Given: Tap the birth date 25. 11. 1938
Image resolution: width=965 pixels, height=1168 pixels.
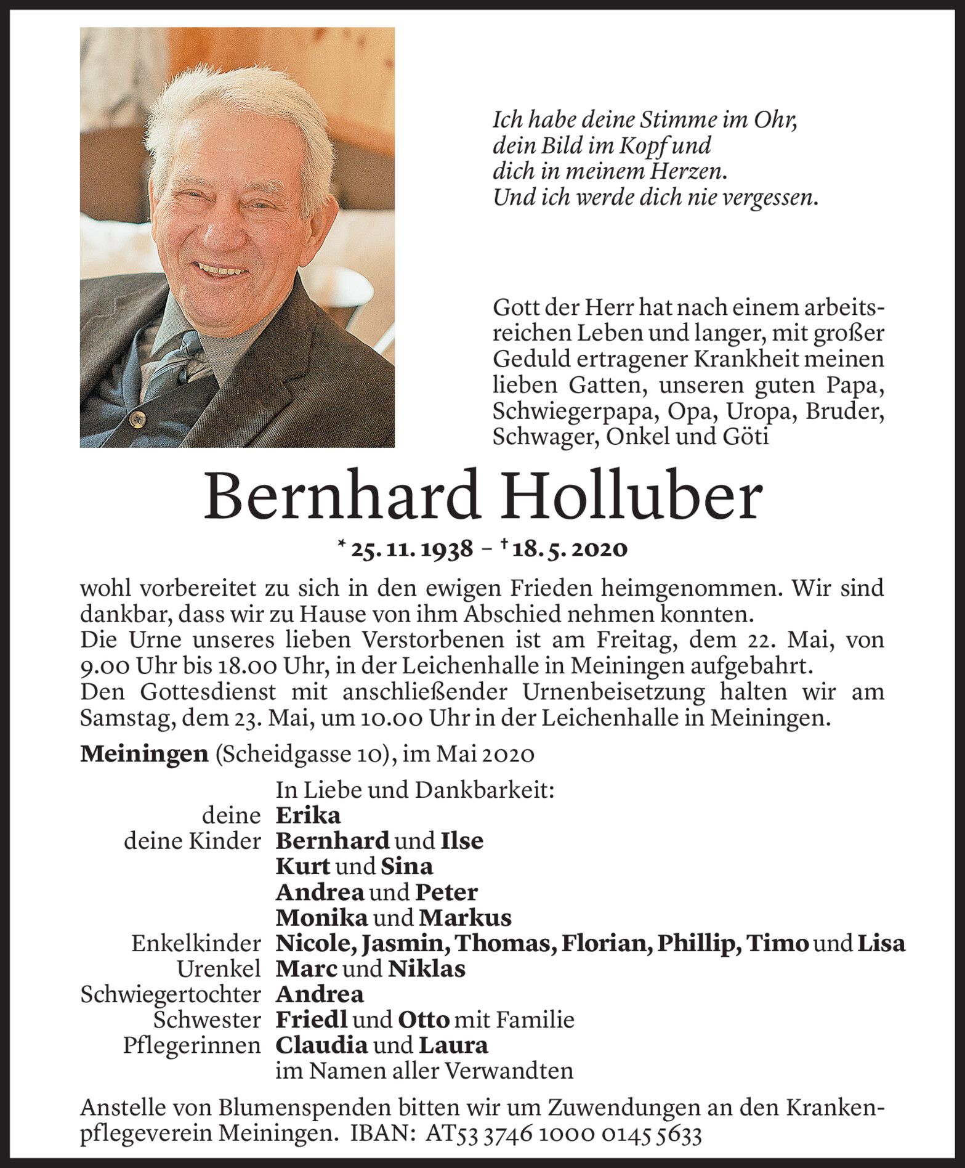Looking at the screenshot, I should click(411, 549).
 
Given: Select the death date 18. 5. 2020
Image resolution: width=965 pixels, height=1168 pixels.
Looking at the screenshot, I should click(569, 549).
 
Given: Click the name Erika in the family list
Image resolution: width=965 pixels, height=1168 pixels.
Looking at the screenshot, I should click(308, 816).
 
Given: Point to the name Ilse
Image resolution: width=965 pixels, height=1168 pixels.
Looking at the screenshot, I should click(462, 841).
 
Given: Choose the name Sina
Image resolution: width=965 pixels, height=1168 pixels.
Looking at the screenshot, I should click(406, 867).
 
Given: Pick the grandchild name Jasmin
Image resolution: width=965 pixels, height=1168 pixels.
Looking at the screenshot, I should click(402, 944).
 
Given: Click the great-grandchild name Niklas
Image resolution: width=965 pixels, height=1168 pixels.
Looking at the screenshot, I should click(426, 969).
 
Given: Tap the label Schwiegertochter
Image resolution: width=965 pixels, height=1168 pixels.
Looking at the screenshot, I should click(171, 995).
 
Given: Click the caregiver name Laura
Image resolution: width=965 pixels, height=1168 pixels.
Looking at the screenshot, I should click(453, 1045).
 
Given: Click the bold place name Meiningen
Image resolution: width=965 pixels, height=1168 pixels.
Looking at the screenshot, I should click(144, 755).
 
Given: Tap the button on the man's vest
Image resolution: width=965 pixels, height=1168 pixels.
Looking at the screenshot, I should click(135, 420).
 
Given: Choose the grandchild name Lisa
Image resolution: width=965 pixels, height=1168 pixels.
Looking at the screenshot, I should click(882, 944).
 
